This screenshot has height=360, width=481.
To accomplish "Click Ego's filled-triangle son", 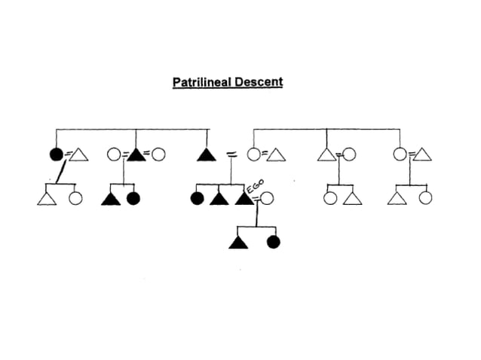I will pyautogui.click(x=237, y=242).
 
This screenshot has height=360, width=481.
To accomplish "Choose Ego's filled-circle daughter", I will pyautogui.click(x=274, y=242).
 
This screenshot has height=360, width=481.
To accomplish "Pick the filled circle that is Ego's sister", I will pyautogui.click(x=198, y=200).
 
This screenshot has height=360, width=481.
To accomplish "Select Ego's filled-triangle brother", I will pyautogui.click(x=219, y=200).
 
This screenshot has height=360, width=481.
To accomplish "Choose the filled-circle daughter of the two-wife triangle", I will pyautogui.click(x=133, y=200).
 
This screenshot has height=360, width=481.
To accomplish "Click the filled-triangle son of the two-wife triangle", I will pyautogui.click(x=112, y=200).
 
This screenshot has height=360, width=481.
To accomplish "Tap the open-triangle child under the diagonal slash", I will pyautogui.click(x=46, y=200).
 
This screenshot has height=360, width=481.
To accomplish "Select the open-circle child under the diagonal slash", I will pyautogui.click(x=75, y=200).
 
